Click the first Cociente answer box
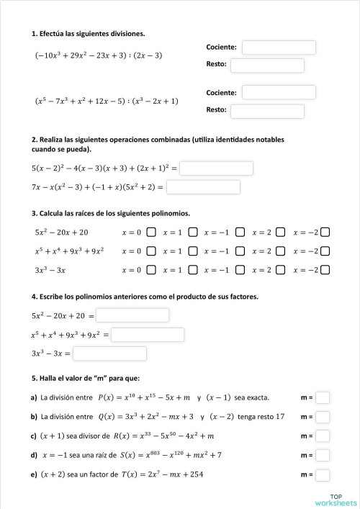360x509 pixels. (x=279, y=48)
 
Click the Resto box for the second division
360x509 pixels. (x=267, y=111)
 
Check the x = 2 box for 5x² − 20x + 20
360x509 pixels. (x=281, y=232)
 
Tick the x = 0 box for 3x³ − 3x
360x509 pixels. (x=151, y=270)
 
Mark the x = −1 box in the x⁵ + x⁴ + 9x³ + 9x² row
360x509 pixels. (x=240, y=251)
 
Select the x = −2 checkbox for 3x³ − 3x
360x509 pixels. (x=325, y=270)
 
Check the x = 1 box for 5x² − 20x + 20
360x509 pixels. (x=192, y=232)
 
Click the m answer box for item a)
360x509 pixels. (x=323, y=397)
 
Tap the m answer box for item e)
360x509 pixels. (x=323, y=475)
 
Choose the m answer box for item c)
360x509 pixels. (x=323, y=436)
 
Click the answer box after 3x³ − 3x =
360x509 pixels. (x=109, y=353)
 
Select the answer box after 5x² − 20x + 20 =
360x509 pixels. (x=132, y=315)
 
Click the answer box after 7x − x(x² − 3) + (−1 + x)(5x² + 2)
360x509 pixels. (x=203, y=187)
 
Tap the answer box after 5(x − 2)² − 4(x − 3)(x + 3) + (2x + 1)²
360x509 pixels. (x=216, y=168)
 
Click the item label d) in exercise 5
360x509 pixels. (x=34, y=456)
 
